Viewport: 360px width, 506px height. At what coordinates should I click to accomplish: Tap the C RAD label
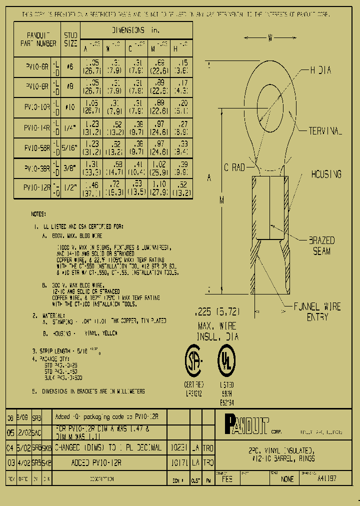[231, 168]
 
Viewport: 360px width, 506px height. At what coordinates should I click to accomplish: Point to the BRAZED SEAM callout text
[321, 246]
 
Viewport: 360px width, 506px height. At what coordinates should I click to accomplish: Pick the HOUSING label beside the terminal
[325, 174]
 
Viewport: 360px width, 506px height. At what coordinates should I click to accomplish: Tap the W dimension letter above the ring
[270, 37]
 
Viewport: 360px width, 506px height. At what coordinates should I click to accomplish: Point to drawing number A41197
[327, 478]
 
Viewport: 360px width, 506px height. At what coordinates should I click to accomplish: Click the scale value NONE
[287, 478]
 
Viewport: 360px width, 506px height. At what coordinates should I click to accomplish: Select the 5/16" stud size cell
[70, 148]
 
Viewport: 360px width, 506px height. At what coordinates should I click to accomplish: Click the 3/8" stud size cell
[70, 168]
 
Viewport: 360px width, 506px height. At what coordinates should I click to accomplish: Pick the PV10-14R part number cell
[37, 128]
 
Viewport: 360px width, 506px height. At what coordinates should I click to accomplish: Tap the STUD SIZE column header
[70, 39]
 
